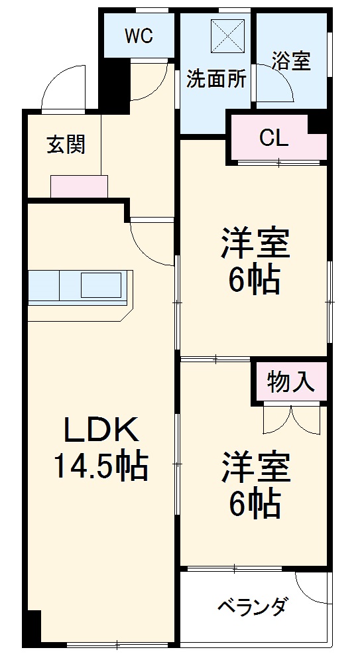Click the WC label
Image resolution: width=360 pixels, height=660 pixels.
coord(139,36)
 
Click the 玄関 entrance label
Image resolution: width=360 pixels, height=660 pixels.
coord(66,144)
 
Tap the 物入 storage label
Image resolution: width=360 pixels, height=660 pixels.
coord(290,383)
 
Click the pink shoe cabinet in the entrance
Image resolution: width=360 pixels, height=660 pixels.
coord(79,186)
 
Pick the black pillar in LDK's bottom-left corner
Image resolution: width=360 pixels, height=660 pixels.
coord(30,625)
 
